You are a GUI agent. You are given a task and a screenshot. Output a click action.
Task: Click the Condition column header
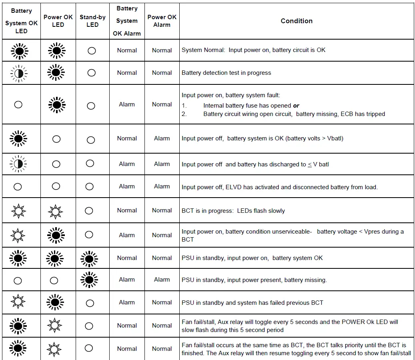297,21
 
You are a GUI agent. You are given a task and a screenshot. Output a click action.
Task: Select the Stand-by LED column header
92,21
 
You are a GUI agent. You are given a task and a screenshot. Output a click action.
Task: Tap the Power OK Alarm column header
162,21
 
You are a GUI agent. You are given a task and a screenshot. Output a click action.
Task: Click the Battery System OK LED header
21,21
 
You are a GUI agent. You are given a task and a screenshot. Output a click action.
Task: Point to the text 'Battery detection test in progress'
226,73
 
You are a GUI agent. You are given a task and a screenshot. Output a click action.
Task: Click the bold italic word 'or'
296,106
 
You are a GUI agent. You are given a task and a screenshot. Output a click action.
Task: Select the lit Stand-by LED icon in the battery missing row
89,280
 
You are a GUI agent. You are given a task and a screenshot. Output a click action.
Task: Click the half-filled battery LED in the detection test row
18,73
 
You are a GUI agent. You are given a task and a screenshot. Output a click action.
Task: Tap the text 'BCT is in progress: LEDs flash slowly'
233,210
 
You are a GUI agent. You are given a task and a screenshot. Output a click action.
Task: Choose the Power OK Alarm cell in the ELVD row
162,186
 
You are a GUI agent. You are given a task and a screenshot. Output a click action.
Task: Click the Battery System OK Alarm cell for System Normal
127,50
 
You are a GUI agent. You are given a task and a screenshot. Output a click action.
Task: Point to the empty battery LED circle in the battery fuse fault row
18,104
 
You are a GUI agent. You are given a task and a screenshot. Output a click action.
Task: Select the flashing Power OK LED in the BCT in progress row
55,210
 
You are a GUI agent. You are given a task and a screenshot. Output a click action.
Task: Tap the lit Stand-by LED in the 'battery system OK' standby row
89,258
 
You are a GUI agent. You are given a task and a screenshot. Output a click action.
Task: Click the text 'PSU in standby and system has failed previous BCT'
252,302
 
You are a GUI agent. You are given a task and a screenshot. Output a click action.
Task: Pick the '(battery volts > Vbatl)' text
315,138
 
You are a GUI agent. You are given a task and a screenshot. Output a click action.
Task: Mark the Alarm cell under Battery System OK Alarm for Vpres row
127,235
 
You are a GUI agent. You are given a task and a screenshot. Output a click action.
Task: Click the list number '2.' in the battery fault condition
184,114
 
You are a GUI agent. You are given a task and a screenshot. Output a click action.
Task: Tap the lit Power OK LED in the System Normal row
56,51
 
